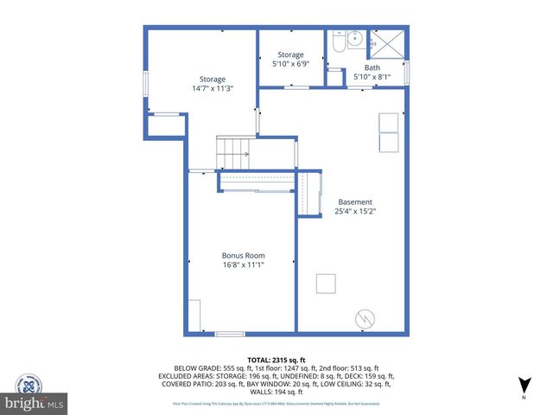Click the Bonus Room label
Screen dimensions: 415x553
243,256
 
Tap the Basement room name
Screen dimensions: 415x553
354,201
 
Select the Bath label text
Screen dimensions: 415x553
372,67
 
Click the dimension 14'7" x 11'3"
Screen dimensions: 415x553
213,88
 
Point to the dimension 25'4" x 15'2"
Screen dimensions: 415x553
354,211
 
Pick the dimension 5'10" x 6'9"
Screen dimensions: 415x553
290,63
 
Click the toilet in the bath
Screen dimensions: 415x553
338,41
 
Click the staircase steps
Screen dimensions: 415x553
232,154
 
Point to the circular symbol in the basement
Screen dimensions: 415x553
364,318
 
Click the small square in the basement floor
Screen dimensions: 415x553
326,284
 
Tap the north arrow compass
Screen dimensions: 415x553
523,386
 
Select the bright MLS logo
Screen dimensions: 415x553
35,403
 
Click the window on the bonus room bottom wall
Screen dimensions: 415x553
230,334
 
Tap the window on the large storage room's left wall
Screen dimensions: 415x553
145,86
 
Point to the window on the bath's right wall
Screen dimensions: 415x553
407,71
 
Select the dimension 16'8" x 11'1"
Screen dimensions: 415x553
243,265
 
